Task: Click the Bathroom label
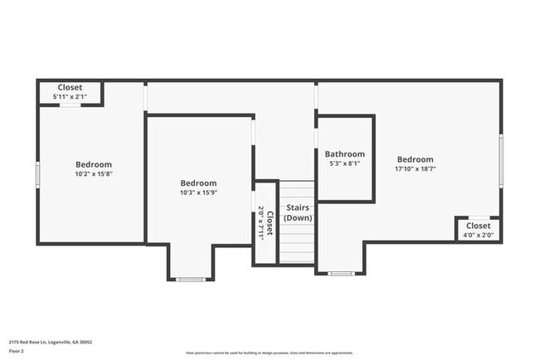344,154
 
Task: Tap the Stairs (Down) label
298,212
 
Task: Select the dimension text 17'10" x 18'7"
415,169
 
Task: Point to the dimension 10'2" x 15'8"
94,174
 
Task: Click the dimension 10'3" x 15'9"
199,193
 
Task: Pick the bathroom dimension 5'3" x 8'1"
344,164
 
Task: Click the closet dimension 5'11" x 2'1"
70,97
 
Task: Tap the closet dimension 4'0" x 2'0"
478,235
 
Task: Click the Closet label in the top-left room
70,88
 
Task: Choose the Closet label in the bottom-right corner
478,226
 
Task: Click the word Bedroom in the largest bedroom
415,159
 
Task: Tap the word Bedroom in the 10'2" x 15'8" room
94,164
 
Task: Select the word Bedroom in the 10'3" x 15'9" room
199,183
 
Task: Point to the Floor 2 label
17,351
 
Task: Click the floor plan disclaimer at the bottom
269,352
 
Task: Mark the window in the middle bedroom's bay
191,280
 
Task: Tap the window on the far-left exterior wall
37,174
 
